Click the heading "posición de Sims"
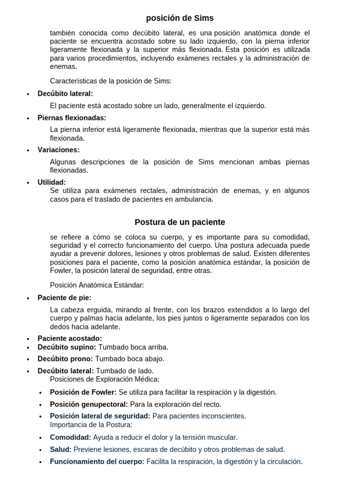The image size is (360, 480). [180, 18]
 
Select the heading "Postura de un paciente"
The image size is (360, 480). [180, 222]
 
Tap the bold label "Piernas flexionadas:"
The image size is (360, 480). [72, 118]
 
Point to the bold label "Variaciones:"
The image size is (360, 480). [59, 150]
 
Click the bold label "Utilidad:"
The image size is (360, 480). [52, 182]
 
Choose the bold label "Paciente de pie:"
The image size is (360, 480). [64, 298]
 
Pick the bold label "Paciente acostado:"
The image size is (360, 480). [69, 338]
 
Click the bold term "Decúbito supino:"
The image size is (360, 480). [67, 347]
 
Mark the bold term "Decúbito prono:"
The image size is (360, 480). [65, 359]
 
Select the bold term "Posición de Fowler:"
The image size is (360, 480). [83, 392]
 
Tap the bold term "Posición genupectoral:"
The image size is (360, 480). [89, 404]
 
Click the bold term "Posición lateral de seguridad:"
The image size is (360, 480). [100, 416]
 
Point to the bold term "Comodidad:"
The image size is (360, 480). [70, 437]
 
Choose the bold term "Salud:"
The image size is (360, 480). [61, 449]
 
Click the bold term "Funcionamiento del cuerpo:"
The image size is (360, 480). [97, 461]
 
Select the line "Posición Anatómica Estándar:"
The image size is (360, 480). [97, 285]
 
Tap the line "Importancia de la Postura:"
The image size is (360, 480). [91, 425]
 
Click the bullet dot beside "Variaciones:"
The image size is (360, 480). [29, 150]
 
